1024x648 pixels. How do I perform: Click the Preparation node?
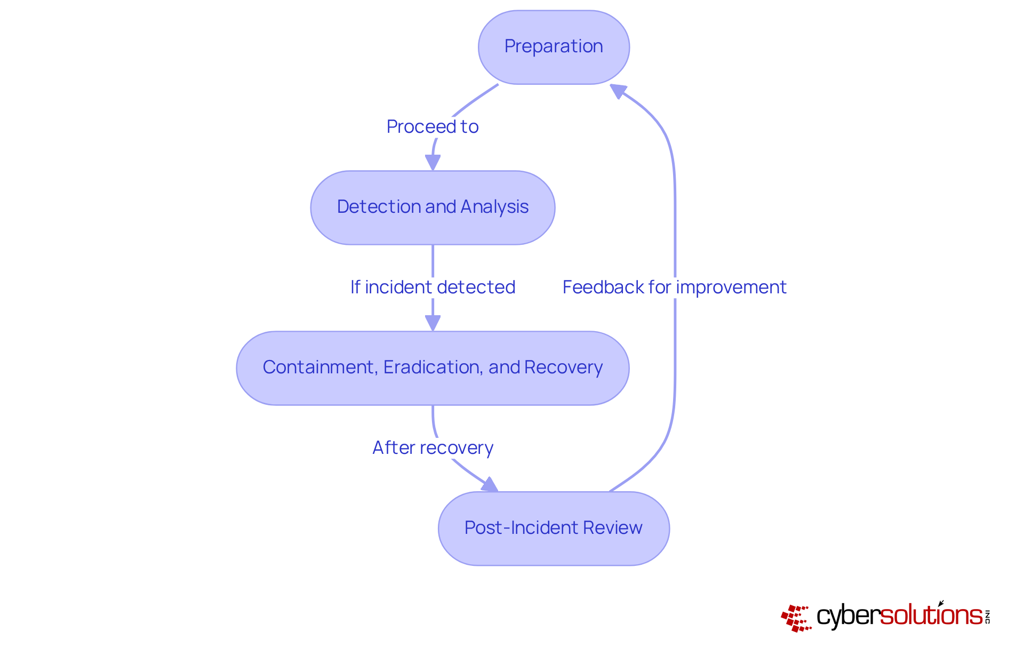pyautogui.click(x=554, y=47)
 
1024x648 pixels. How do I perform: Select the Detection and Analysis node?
pyautogui.click(x=433, y=207)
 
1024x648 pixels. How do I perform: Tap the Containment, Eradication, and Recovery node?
pyautogui.click(x=433, y=368)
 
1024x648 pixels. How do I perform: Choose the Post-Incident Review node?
pyautogui.click(x=554, y=529)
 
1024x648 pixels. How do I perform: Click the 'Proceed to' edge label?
pyautogui.click(x=433, y=127)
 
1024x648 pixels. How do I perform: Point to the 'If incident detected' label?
pyautogui.click(x=433, y=287)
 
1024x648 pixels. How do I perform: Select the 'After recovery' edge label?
pyautogui.click(x=433, y=448)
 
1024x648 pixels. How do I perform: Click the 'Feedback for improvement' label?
pyautogui.click(x=675, y=287)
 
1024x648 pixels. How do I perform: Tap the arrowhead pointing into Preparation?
pyautogui.click(x=618, y=91)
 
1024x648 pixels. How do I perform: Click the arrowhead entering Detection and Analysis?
pyautogui.click(x=433, y=163)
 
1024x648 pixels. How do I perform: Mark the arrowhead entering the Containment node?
pyautogui.click(x=433, y=323)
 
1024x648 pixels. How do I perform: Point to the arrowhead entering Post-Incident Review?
pyautogui.click(x=490, y=485)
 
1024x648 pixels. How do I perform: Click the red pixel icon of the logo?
pyautogui.click(x=796, y=618)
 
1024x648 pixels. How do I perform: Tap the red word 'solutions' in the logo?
pyautogui.click(x=931, y=615)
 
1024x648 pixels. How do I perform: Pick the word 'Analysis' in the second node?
pyautogui.click(x=494, y=207)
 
